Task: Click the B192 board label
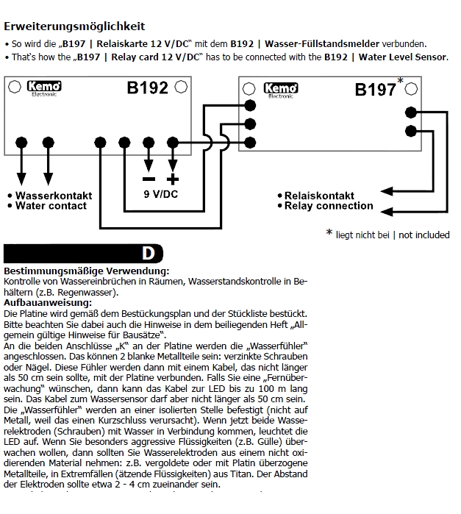pos(147,88)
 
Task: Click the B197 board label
pos(375,90)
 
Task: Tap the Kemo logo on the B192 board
pos(43,88)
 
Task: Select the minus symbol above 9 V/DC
pos(149,179)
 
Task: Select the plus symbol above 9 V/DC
pos(173,179)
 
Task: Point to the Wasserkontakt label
pos(54,196)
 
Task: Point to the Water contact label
pos(51,206)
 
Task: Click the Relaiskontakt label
pos(319,196)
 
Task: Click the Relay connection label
pos(329,206)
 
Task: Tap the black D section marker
pos(149,254)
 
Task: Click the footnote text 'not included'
pos(424,235)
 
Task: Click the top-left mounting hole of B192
pos(14,87)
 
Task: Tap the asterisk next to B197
pos(400,80)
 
